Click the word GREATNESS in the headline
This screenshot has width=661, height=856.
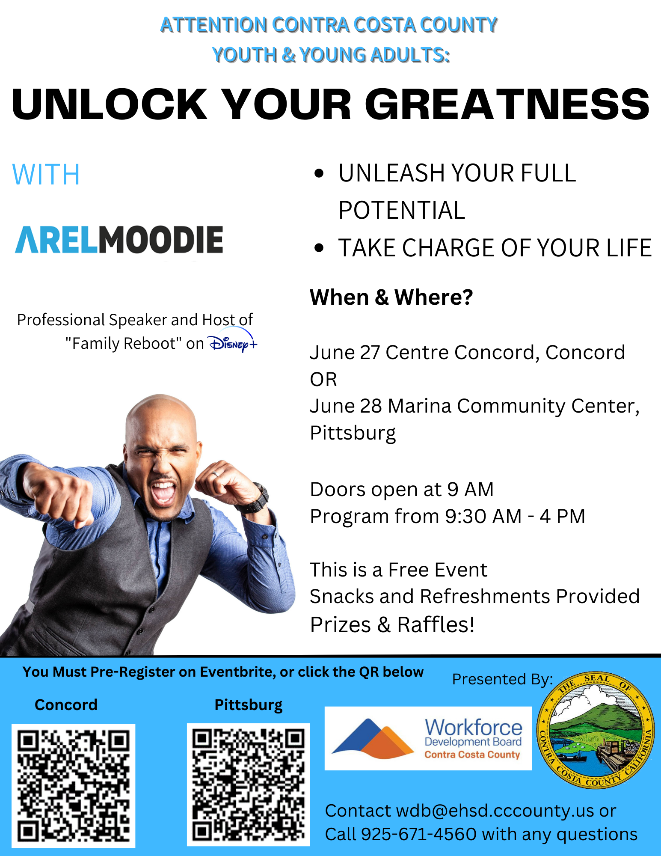click(507, 104)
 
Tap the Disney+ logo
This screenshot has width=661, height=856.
click(232, 341)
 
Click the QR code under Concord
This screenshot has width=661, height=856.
click(74, 786)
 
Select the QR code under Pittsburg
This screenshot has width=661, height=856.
click(248, 785)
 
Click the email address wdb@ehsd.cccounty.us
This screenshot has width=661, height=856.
click(495, 811)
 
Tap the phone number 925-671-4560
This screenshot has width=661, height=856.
click(419, 834)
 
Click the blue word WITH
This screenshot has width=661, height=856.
click(46, 175)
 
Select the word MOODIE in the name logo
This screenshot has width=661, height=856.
click(161, 240)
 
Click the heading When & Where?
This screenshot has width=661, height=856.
click(391, 297)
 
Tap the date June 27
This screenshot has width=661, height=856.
click(345, 353)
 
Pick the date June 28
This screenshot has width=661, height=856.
click(346, 406)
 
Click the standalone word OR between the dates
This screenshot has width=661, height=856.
click(323, 380)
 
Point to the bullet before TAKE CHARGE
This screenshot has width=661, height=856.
click(319, 248)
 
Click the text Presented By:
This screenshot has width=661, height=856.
click(503, 679)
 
